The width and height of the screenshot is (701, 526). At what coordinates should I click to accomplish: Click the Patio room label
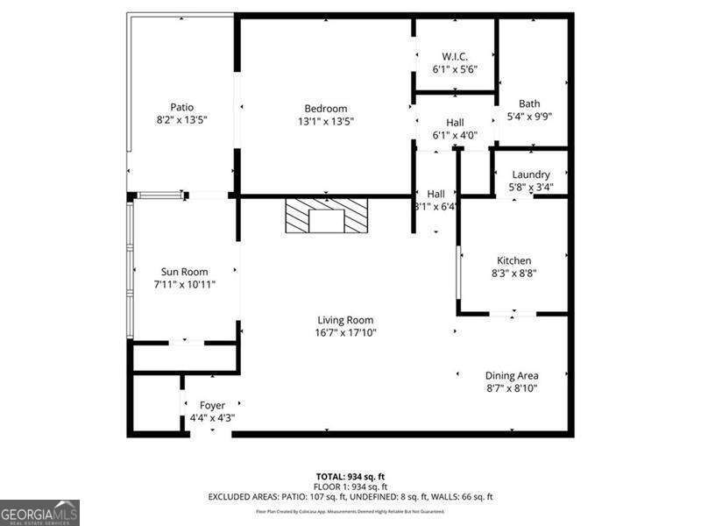[x=181, y=107]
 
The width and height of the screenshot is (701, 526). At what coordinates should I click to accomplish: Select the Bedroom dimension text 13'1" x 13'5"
[x=326, y=121]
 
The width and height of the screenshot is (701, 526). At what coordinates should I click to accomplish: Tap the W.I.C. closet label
[x=454, y=56]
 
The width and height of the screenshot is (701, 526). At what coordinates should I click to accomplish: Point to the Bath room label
[x=529, y=103]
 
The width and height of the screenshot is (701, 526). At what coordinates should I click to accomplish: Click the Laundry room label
[x=531, y=174]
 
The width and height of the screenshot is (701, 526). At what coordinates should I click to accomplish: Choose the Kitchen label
[x=514, y=260]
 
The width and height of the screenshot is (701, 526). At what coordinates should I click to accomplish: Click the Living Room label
[x=345, y=320]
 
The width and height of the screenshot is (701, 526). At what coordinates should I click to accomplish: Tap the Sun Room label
[x=184, y=272]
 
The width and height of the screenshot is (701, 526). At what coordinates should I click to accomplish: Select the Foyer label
[x=212, y=405]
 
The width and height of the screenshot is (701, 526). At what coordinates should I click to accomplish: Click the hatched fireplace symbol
[x=327, y=216]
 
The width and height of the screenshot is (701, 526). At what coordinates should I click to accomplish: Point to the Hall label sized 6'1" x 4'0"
[x=454, y=123]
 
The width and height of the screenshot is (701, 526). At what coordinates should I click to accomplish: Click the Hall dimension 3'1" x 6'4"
[x=436, y=207]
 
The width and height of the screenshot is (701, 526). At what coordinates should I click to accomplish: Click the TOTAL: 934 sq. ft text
[x=350, y=476]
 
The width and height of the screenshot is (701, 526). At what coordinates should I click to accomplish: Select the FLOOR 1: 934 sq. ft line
[x=350, y=487]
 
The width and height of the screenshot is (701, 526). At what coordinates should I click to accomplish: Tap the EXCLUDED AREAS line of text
[x=350, y=497]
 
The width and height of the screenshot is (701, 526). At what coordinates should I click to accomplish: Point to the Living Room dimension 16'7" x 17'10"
[x=345, y=332]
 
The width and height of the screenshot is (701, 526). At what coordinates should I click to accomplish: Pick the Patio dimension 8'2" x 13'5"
[x=181, y=119]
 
